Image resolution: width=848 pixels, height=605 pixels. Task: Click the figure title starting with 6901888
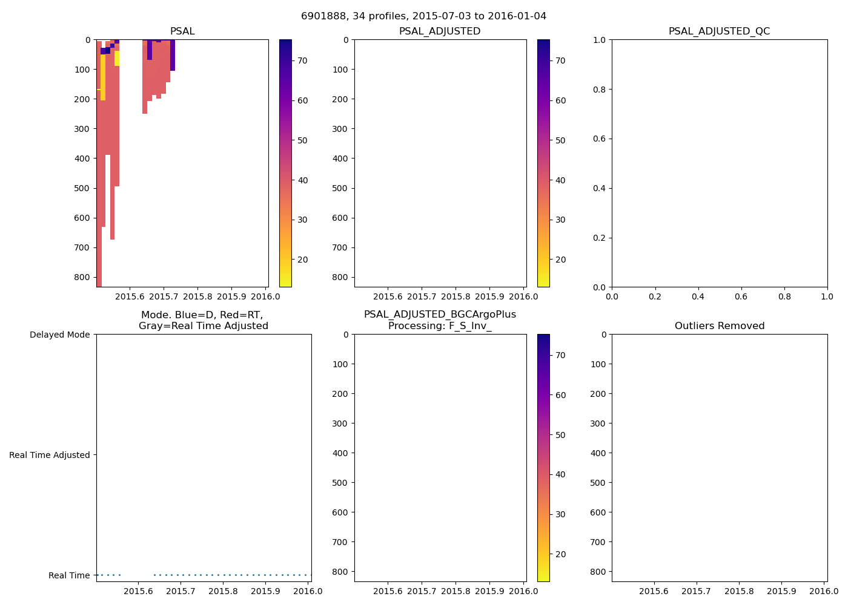click(423, 16)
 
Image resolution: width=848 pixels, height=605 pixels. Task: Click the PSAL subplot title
click(182, 31)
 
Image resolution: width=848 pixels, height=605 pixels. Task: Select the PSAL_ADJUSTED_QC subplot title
click(719, 31)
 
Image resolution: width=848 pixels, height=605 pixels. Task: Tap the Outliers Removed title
click(719, 326)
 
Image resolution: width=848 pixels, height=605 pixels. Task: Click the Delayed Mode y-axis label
click(59, 335)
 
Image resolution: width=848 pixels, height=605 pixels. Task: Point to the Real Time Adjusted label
click(49, 455)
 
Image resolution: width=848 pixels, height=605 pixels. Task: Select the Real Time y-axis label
click(69, 575)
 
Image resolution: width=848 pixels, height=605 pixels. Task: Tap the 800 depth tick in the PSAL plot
click(82, 277)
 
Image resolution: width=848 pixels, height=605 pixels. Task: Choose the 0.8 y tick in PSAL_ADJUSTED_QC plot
click(600, 90)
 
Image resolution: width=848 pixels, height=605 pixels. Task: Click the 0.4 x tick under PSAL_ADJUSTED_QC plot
click(698, 296)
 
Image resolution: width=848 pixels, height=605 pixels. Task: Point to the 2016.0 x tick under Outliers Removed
click(824, 591)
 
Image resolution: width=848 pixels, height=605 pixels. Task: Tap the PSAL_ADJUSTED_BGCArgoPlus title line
click(440, 315)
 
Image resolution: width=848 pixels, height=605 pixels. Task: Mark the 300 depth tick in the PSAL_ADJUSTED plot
click(340, 129)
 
